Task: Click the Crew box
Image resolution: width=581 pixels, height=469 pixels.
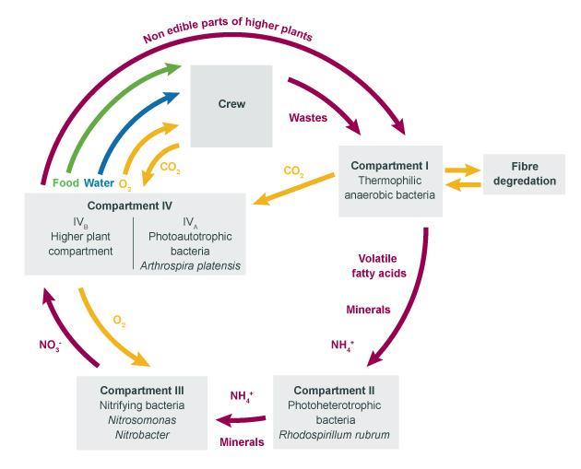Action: pos(231,105)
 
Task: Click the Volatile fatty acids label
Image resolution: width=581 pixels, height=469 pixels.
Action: pos(380,266)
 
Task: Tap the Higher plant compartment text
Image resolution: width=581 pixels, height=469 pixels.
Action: pos(81,243)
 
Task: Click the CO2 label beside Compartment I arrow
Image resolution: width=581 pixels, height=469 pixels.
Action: pos(293,171)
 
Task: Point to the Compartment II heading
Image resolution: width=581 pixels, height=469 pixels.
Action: pos(337,390)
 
